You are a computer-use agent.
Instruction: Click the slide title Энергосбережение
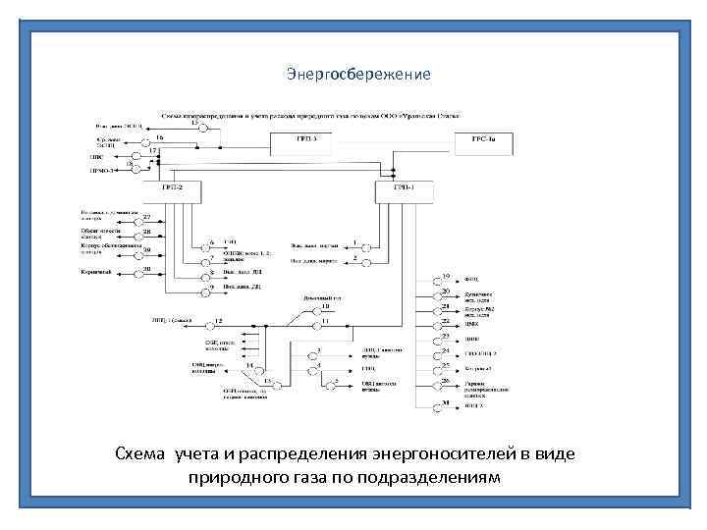[358, 75]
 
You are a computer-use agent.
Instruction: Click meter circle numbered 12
[206, 320]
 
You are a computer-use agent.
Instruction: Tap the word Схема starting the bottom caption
[141, 453]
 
